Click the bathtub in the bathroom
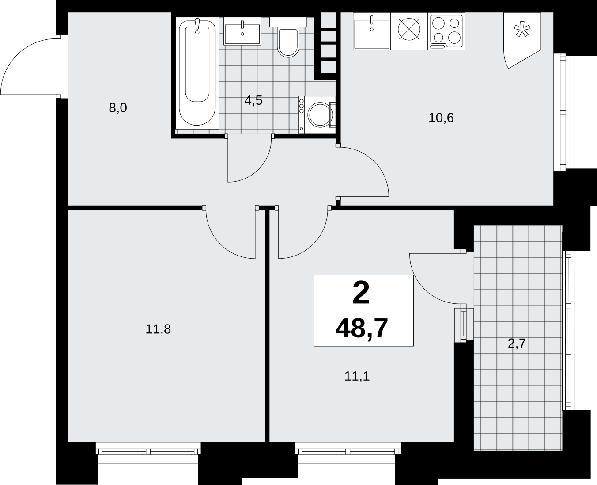pos(197,73)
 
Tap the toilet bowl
pos(288,42)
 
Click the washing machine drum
pos(320,115)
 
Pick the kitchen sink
pos(372,31)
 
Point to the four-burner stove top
pos(446,31)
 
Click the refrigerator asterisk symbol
pos(522,31)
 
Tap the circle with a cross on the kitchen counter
pos(409,29)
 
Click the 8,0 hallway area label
pos(118,108)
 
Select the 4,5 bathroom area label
pos(253,100)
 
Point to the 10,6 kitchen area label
pos(441,118)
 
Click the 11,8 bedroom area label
pos(158,329)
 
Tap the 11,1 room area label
pos(357,376)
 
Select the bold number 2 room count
pos(361,293)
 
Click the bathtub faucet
pos(197,26)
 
